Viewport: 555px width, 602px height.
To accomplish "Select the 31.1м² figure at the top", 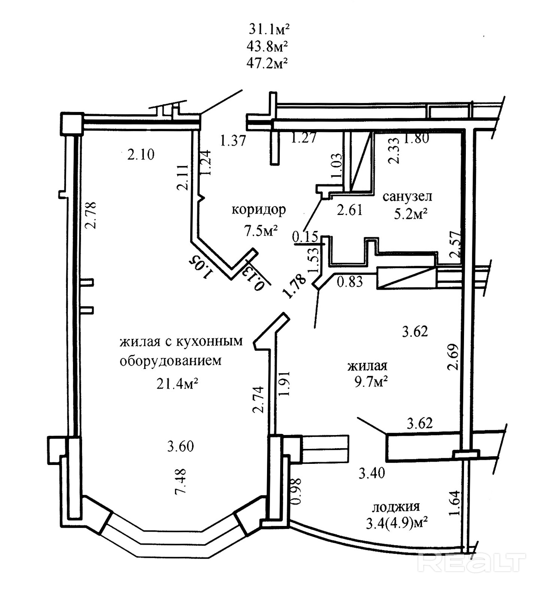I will [270, 29].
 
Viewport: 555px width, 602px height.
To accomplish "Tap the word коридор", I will [259, 209].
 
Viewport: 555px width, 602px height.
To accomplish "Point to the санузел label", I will [407, 196].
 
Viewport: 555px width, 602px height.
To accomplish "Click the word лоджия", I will [396, 507].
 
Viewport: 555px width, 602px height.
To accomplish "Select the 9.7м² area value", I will [370, 382].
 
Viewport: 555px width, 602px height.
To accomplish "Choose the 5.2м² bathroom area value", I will [410, 214].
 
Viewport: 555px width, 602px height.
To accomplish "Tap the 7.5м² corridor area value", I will [261, 231].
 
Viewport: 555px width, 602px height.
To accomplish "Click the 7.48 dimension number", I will [181, 481].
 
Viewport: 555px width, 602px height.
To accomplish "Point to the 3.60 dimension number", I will [181, 446].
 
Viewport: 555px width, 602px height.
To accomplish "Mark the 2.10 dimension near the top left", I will [141, 154].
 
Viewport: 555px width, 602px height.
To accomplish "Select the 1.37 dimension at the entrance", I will [233, 141].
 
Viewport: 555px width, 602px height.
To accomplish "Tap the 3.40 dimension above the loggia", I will [371, 473].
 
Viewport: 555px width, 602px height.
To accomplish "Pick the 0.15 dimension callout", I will [305, 237].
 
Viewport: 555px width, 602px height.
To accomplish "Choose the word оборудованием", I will [170, 361].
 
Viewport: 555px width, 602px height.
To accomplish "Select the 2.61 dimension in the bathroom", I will [350, 210].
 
